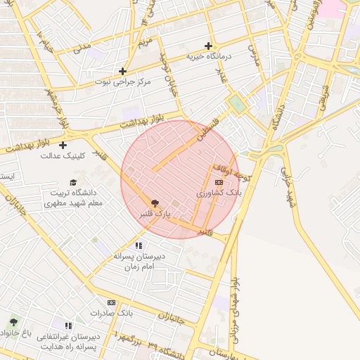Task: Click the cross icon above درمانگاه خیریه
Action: pyautogui.click(x=208, y=46)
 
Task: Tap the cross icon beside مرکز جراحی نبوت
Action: pyautogui.click(x=123, y=71)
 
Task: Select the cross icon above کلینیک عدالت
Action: pyautogui.click(x=63, y=146)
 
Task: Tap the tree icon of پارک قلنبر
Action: pyautogui.click(x=155, y=202)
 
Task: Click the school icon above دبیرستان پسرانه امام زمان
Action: pyautogui.click(x=139, y=246)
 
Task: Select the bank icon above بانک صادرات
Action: pyautogui.click(x=111, y=302)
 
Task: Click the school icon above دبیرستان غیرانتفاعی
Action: pyautogui.click(x=68, y=326)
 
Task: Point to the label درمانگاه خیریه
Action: pyautogui.click(x=208, y=56)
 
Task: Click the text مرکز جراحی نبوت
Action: pyautogui.click(x=124, y=82)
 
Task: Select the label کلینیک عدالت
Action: pyautogui.click(x=63, y=156)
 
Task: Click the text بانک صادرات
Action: pyautogui.click(x=111, y=312)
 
